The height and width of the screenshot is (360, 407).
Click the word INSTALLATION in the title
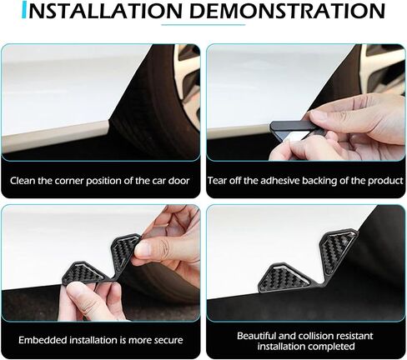(x=106, y=11)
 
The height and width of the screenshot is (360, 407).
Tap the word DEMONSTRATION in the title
(x=288, y=11)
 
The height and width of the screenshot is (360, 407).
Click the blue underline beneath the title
(x=203, y=25)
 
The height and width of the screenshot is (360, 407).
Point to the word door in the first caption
(x=179, y=181)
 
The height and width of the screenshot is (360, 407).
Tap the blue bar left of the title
(x=24, y=11)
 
